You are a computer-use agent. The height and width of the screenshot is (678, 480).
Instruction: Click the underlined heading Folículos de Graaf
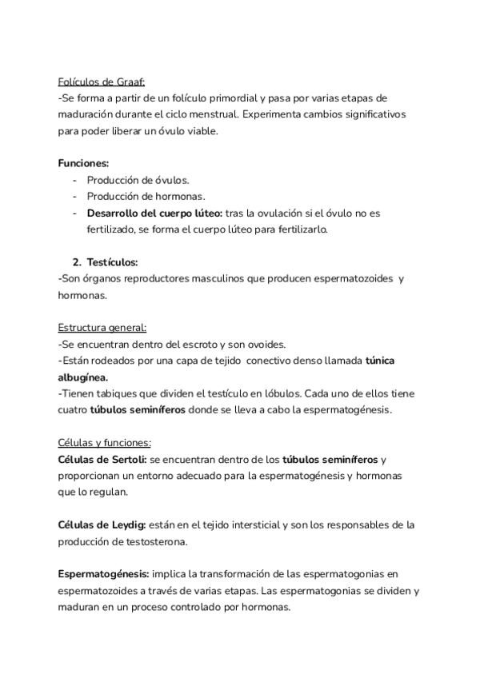click(x=102, y=81)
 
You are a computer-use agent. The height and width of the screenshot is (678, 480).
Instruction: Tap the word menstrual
click(x=235, y=114)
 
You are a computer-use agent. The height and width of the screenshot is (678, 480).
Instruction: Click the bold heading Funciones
click(x=83, y=163)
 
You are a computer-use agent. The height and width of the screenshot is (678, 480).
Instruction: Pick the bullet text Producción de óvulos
click(x=138, y=180)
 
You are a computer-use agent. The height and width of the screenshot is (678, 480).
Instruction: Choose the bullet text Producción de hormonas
click(x=146, y=196)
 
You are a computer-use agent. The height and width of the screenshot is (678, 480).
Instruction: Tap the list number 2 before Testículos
click(x=76, y=261)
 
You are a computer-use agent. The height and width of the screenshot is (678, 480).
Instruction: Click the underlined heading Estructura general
click(x=102, y=328)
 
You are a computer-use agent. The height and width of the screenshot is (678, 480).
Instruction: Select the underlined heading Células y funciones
click(x=105, y=443)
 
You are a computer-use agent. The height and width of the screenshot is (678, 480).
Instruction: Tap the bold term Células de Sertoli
click(x=102, y=460)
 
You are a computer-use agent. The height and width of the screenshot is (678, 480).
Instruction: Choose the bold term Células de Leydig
click(x=101, y=524)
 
